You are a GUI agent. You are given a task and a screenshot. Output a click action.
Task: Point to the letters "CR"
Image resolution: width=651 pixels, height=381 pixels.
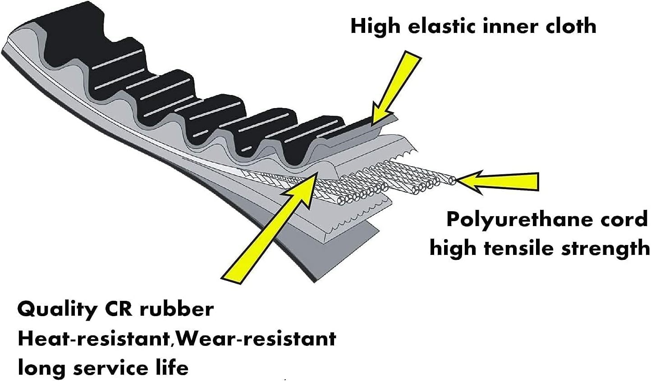coord(119,309)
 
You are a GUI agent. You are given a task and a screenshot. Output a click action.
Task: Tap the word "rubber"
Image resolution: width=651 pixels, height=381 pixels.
coord(176,309)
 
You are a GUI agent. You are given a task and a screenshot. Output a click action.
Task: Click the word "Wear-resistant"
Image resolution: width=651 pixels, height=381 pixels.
coord(256,339)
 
